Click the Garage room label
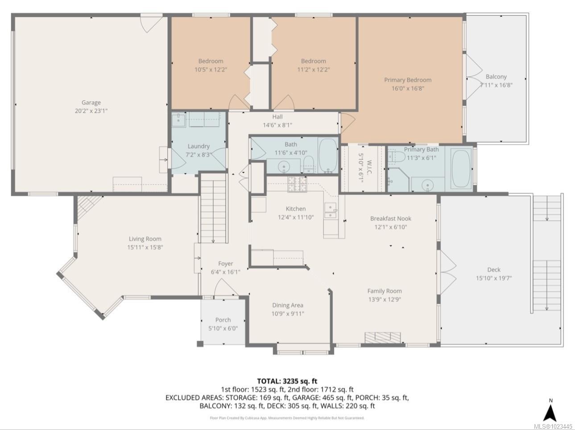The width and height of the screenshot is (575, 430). (91, 103)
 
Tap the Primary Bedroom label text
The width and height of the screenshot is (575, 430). (408, 80)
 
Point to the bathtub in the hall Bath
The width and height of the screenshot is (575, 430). (329, 155)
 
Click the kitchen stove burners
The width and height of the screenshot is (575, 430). (297, 184)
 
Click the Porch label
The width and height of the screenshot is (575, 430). (223, 320)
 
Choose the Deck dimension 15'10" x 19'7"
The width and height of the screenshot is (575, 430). (493, 278)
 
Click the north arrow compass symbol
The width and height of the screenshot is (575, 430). (550, 411)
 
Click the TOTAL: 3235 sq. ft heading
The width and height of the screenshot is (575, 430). (287, 381)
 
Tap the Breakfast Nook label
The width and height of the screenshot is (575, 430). (390, 219)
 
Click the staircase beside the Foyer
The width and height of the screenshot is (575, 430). (213, 208)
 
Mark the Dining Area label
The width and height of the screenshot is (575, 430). (288, 306)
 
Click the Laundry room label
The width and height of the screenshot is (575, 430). (199, 146)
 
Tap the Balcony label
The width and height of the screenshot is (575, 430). (496, 77)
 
